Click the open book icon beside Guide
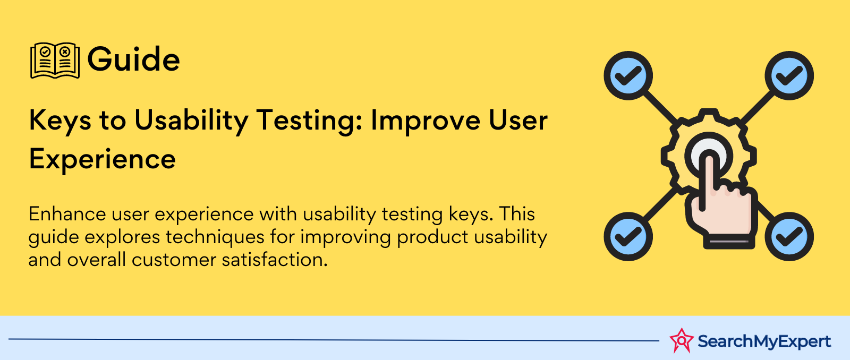tap(55, 61)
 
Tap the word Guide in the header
tap(133, 59)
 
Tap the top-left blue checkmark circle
tap(628, 75)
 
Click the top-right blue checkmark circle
tap(789, 75)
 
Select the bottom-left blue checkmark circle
tap(628, 236)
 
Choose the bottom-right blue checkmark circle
tap(789, 236)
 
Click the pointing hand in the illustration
tap(721, 205)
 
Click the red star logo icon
tap(682, 341)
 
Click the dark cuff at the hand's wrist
tap(729, 242)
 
